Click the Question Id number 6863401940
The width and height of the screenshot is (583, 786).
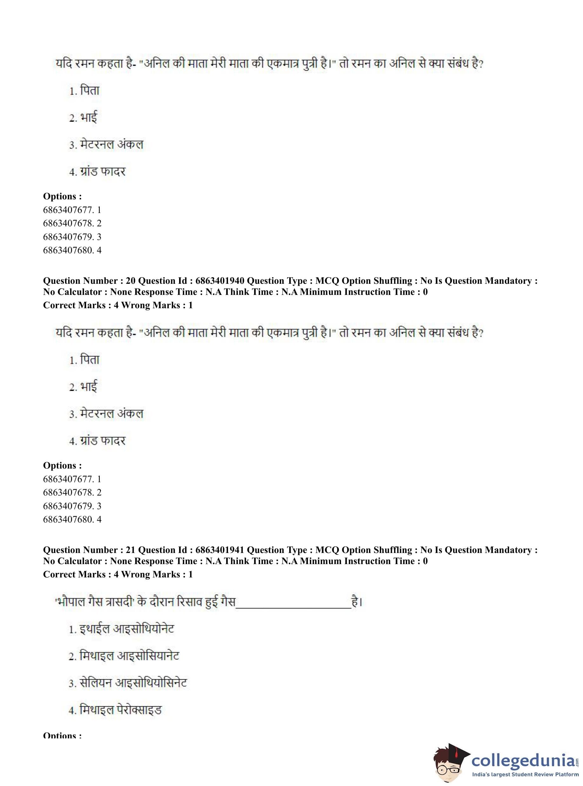(x=219, y=281)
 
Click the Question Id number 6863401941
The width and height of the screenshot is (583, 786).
(x=219, y=550)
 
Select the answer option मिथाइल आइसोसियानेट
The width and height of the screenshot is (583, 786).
(x=129, y=656)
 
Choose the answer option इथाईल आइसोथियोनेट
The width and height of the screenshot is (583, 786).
(x=126, y=629)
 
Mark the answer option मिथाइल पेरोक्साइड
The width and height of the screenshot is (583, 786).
(x=120, y=710)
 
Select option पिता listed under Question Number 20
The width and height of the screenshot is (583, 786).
(x=90, y=360)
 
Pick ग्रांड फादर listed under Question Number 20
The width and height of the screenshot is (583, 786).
(x=103, y=441)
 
